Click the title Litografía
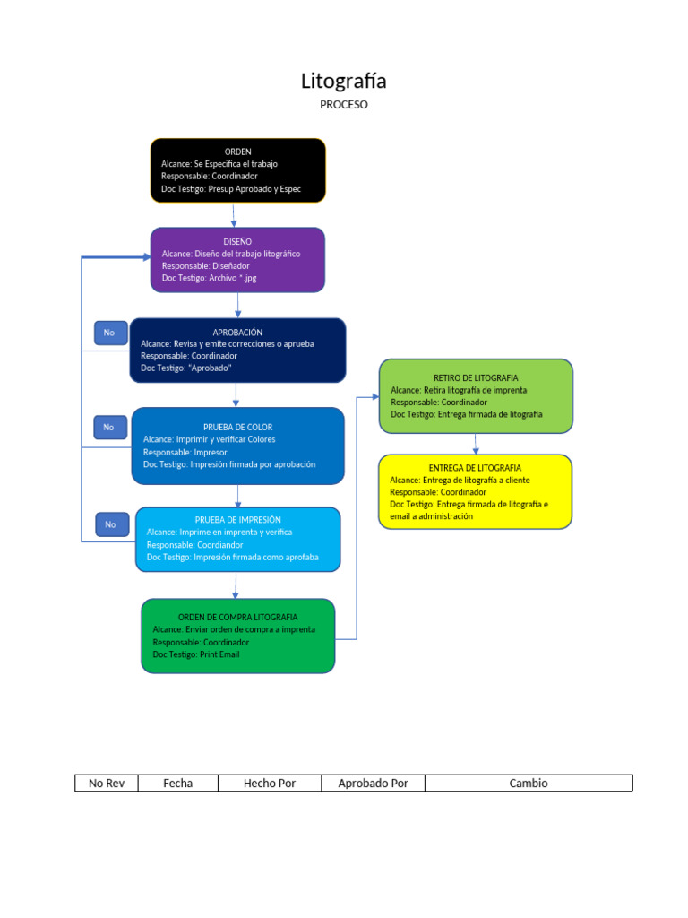coord(344,82)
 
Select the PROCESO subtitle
coord(344,105)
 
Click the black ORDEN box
coord(237,170)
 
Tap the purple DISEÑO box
coord(237,260)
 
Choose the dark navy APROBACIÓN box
coord(237,351)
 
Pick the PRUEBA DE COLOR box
coord(237,446)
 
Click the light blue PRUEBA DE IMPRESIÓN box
coord(237,539)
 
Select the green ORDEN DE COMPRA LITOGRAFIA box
coord(237,636)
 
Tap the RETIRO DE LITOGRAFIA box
coord(476,396)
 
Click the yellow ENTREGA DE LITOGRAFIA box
coord(475,491)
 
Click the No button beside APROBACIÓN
coord(110,333)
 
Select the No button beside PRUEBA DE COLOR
coord(110,428)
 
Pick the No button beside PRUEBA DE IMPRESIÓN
coord(112,524)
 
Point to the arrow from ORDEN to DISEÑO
coord(234,215)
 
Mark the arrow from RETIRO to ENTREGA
coord(476,444)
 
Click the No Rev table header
coord(107,784)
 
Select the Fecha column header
coord(178,784)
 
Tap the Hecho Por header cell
coord(270,784)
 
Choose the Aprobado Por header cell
coord(373,784)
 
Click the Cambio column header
coord(529,784)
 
